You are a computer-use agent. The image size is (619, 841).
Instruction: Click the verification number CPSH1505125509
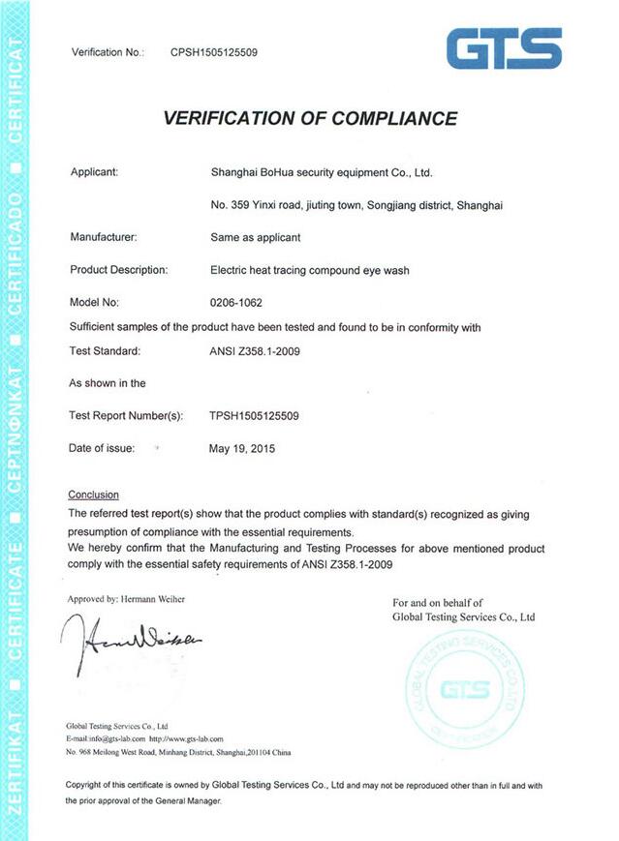[214, 52]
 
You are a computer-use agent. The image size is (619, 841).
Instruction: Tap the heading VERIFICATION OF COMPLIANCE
[310, 119]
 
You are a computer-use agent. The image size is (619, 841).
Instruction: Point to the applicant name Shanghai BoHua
[321, 172]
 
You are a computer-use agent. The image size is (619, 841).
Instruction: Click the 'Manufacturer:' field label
[104, 236]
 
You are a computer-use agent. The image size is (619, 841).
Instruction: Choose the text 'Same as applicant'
[256, 236]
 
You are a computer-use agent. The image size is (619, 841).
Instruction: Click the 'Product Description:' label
[119, 269]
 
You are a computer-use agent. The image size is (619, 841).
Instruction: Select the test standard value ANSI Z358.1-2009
[255, 350]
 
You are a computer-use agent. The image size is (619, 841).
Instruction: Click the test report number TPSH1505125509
[254, 415]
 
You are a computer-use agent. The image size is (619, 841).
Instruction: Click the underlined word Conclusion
[94, 494]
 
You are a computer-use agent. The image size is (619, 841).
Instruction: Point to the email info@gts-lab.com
[106, 738]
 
